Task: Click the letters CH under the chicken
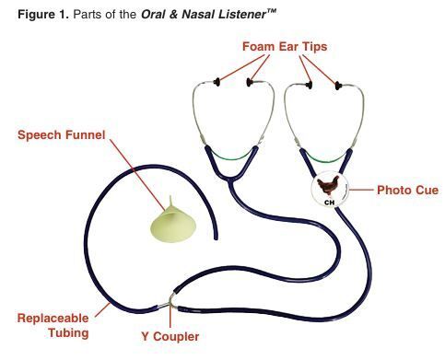(329, 203)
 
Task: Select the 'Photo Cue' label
(407, 190)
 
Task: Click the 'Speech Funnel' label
(62, 135)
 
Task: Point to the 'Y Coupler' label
(170, 336)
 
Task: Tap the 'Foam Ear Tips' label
(285, 47)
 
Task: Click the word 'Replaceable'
(53, 318)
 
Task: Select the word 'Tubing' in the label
(68, 333)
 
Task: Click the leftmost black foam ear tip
(217, 82)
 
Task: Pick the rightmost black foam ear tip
(338, 86)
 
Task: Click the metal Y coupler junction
(170, 302)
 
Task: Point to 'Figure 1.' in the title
(43, 15)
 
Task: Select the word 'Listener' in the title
(242, 15)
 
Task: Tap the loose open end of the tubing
(216, 238)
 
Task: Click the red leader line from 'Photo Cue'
(361, 190)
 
